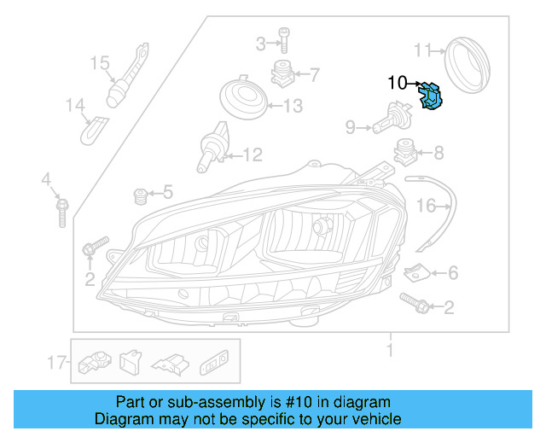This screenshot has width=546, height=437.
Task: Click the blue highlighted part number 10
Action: [x=433, y=96]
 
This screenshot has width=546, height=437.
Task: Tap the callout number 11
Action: [x=424, y=49]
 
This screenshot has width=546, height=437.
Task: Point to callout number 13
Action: [x=293, y=107]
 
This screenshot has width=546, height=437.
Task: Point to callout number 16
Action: [x=425, y=206]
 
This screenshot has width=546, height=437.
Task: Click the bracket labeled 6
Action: [x=415, y=273]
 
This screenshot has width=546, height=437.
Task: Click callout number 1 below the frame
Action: [x=390, y=349]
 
